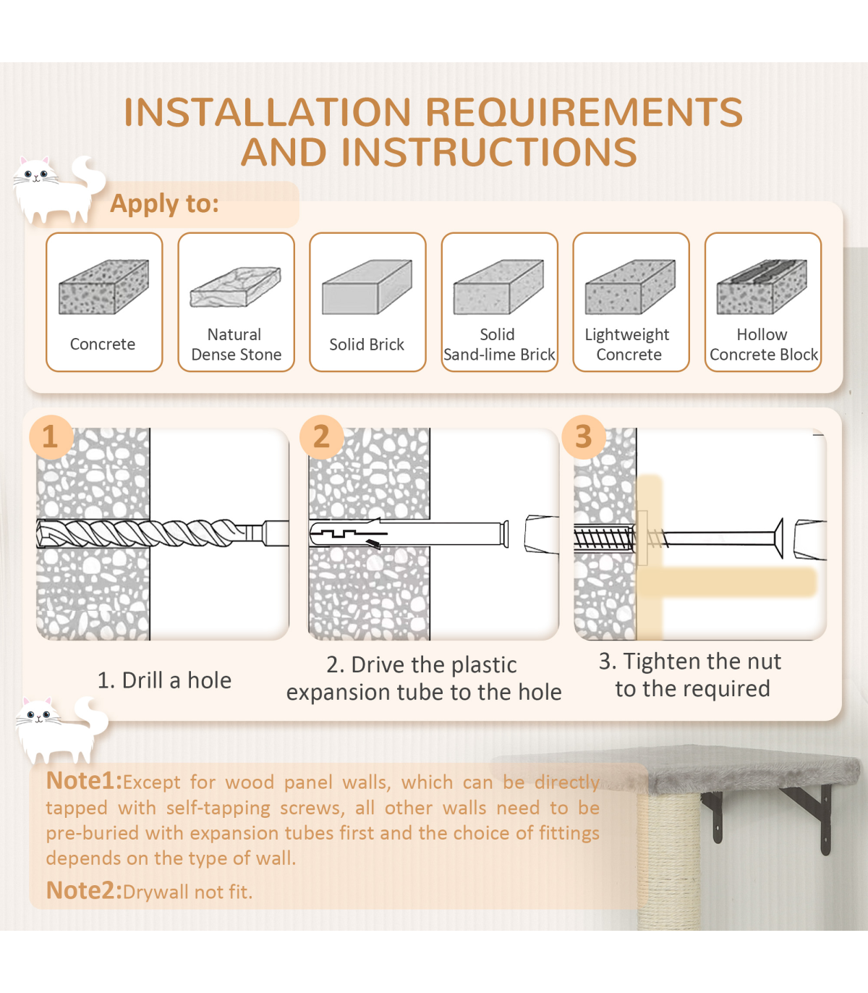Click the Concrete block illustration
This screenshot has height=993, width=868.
(x=103, y=287)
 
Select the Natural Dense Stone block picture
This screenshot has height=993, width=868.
(x=236, y=287)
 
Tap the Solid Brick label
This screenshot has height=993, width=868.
(x=367, y=344)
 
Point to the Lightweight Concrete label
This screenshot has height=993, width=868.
(x=627, y=344)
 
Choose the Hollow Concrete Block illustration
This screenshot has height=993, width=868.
(x=762, y=287)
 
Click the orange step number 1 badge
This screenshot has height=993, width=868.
(x=51, y=437)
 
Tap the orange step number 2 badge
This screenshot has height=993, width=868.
(x=321, y=437)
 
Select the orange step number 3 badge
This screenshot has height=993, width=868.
(x=584, y=437)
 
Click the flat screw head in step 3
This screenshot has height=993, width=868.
(x=779, y=538)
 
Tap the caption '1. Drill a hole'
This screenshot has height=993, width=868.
(x=164, y=680)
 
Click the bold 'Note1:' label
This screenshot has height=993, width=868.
(x=84, y=780)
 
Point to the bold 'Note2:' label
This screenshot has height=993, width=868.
(x=84, y=890)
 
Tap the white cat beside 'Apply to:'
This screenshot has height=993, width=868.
(x=58, y=190)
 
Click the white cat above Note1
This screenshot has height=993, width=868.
(x=61, y=730)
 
